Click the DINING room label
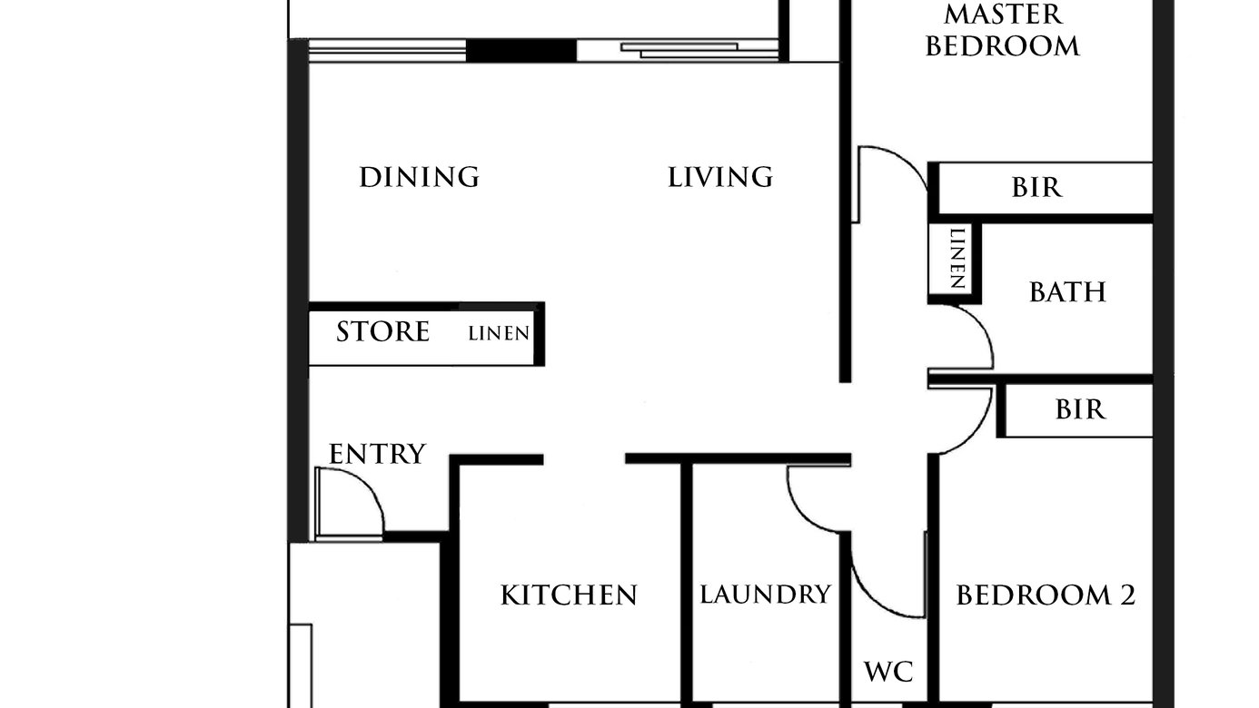pyautogui.click(x=420, y=177)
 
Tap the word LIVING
pyautogui.click(x=720, y=177)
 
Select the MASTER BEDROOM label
pyautogui.click(x=1003, y=30)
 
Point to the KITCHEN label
pyautogui.click(x=569, y=595)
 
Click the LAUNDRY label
pyautogui.click(x=766, y=594)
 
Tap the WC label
pyautogui.click(x=888, y=672)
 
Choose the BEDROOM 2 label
pyautogui.click(x=1046, y=595)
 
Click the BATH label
pyautogui.click(x=1067, y=292)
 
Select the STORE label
pyautogui.click(x=382, y=331)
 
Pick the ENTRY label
pyautogui.click(x=377, y=454)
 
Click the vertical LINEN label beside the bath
pyautogui.click(x=957, y=259)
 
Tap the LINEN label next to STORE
pyautogui.click(x=499, y=333)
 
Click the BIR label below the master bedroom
pyautogui.click(x=1037, y=188)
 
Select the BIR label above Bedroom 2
pyautogui.click(x=1080, y=409)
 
